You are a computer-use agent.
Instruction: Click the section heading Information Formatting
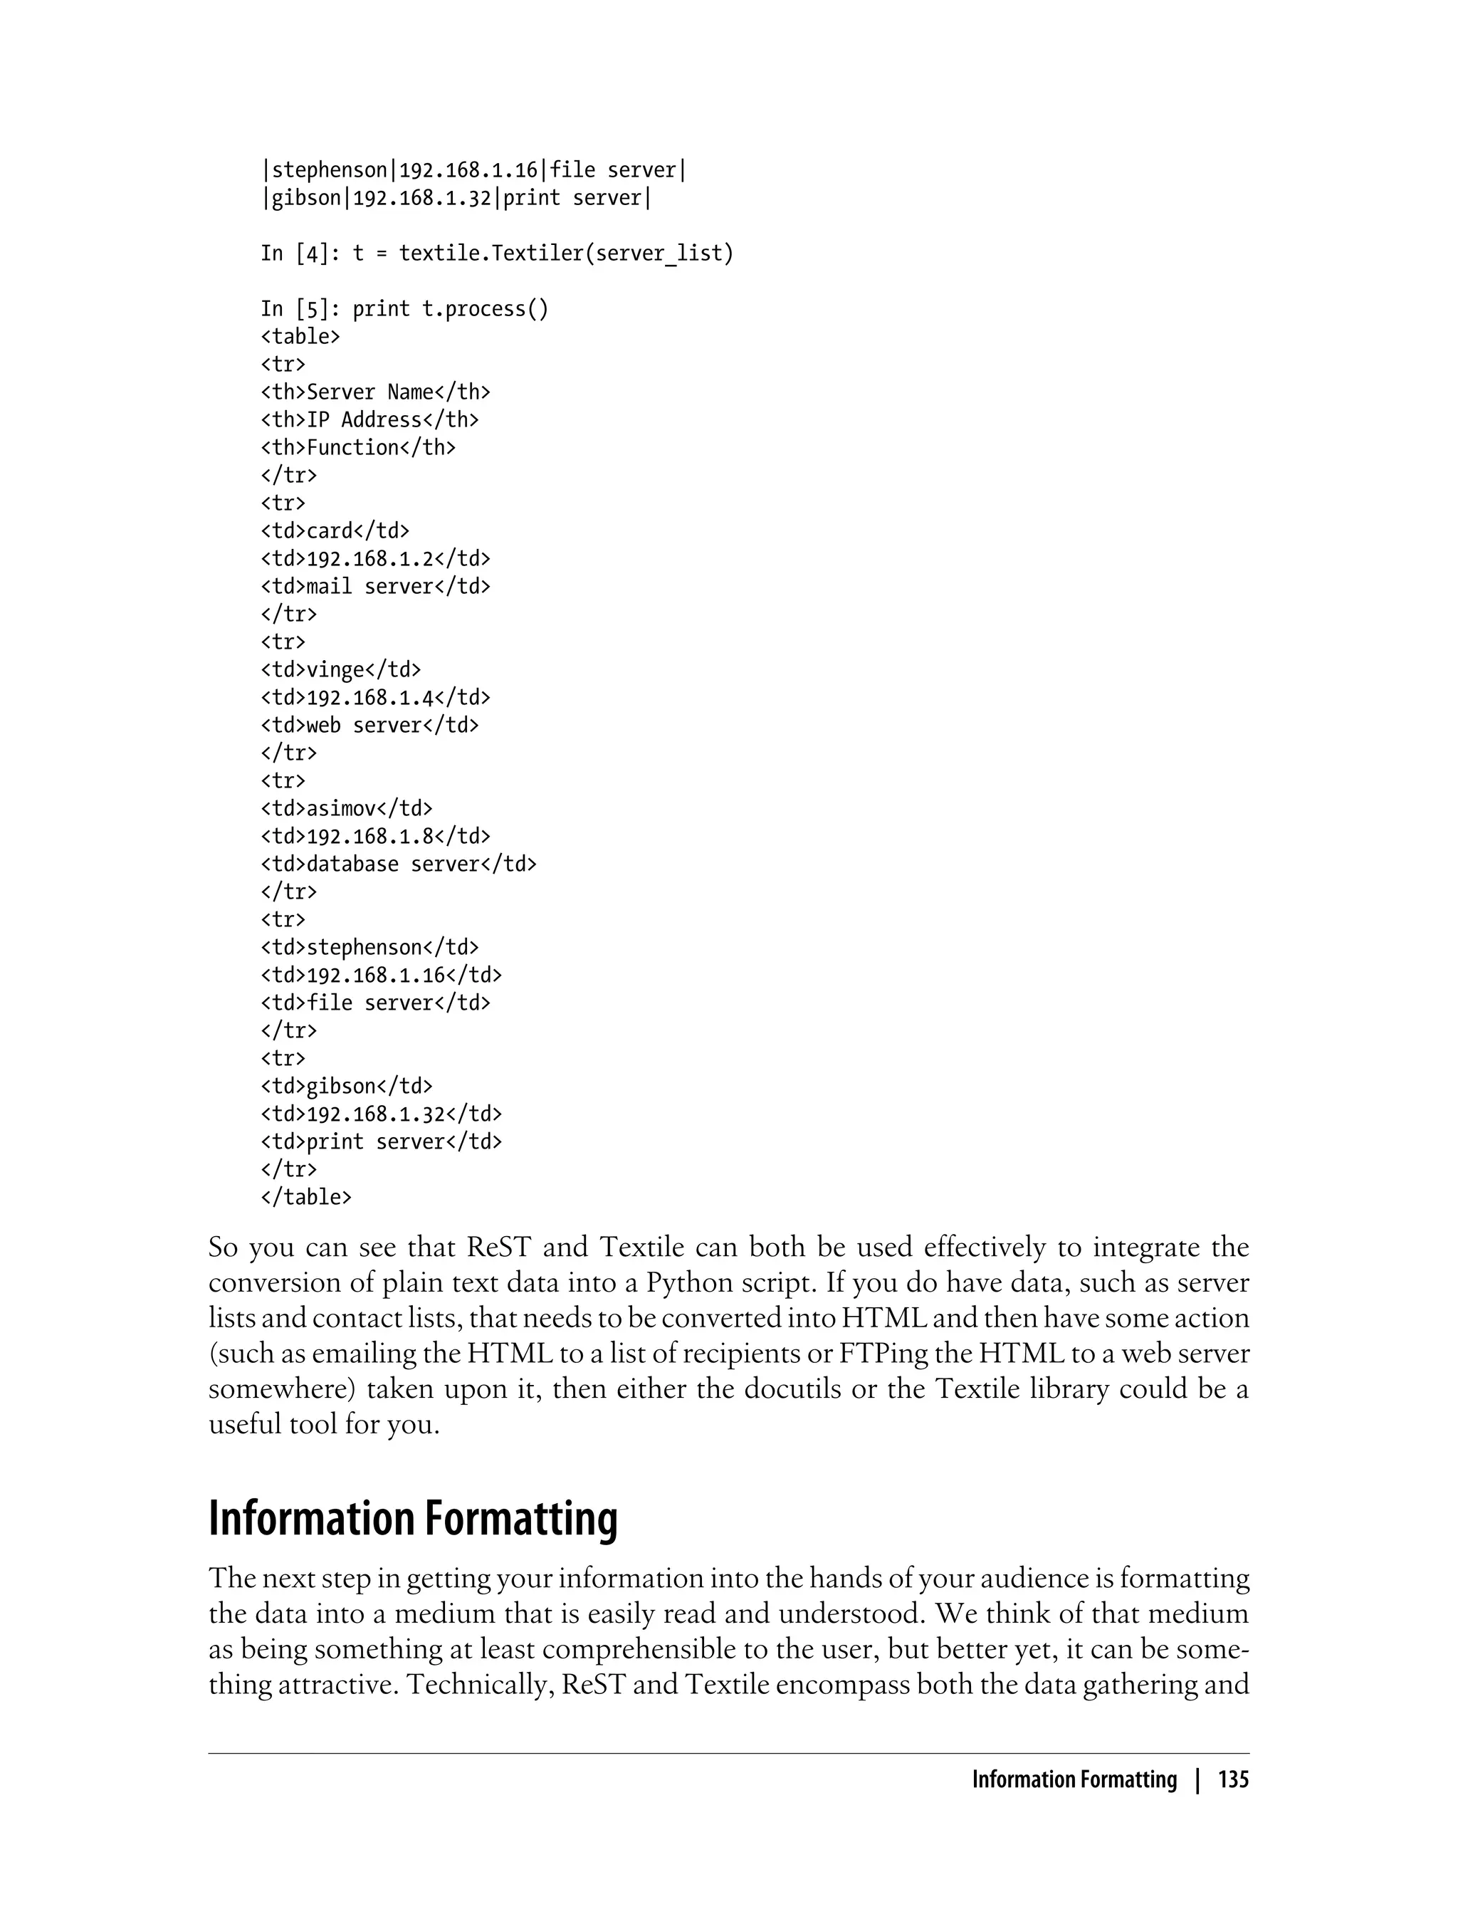pyautogui.click(x=412, y=1518)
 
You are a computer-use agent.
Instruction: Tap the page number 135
pyautogui.click(x=1232, y=1779)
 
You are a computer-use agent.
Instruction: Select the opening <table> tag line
pyautogui.click(x=300, y=337)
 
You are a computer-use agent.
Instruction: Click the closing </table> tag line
pyautogui.click(x=305, y=1197)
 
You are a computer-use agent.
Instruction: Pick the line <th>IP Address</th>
pyautogui.click(x=369, y=420)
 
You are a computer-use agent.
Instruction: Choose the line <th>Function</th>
pyautogui.click(x=357, y=448)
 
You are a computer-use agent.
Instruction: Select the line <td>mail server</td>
pyautogui.click(x=375, y=587)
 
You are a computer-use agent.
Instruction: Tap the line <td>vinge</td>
pyautogui.click(x=340, y=670)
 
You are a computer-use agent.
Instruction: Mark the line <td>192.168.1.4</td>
pyautogui.click(x=375, y=698)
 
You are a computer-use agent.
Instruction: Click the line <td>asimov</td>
pyautogui.click(x=346, y=809)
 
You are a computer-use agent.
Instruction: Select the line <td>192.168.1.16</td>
pyautogui.click(x=381, y=976)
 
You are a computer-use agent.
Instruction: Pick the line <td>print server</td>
pyautogui.click(x=381, y=1142)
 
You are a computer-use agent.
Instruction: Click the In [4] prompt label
pyautogui.click(x=300, y=253)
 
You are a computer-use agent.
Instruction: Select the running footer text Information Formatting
pyautogui.click(x=1074, y=1779)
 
